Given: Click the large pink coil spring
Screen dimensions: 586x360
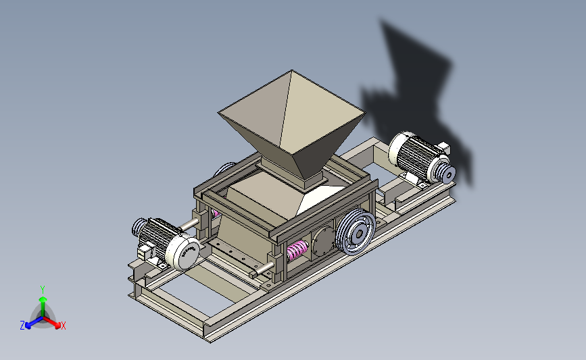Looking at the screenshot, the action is [297, 250].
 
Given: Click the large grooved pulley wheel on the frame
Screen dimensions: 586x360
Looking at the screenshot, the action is [356, 232].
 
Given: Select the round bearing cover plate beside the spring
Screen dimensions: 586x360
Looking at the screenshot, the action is [324, 241].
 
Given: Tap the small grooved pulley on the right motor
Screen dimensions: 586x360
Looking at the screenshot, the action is [445, 174].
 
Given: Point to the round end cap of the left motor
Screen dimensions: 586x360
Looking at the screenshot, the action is [185, 252].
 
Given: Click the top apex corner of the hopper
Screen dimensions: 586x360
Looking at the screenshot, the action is [291, 70].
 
